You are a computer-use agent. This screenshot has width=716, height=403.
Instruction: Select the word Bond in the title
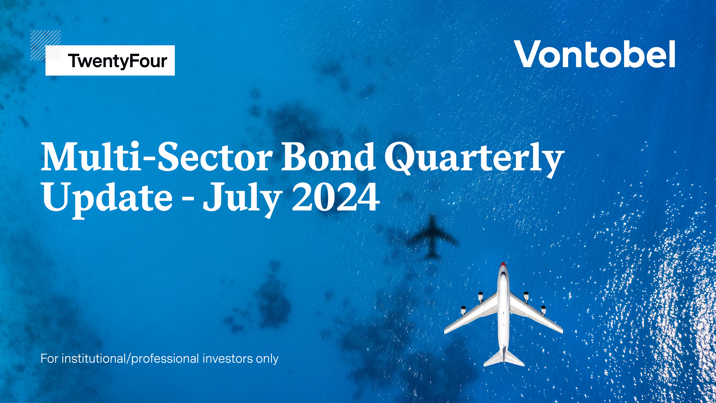click(x=328, y=157)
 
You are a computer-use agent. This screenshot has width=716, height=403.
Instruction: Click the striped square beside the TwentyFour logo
click(x=45, y=45)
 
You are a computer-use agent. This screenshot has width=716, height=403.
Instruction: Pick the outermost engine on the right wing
click(x=543, y=310)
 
